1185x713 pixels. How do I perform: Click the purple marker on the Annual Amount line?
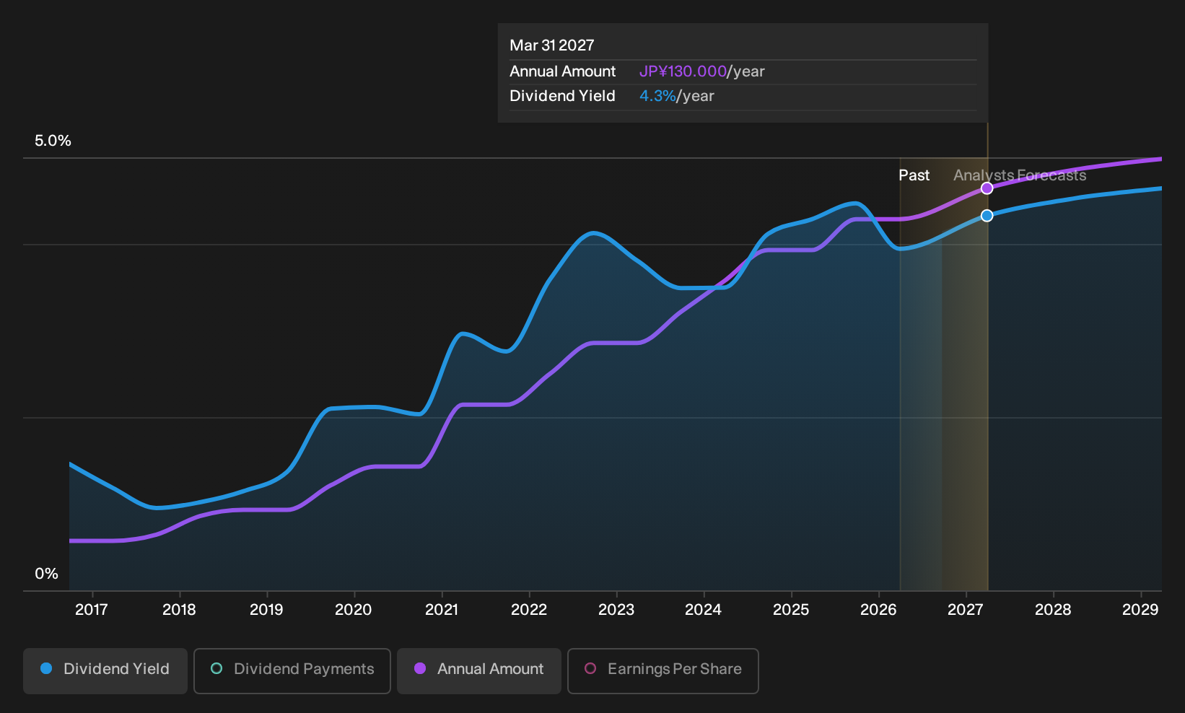pyautogui.click(x=987, y=188)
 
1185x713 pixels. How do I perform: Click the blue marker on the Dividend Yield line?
pyautogui.click(x=987, y=215)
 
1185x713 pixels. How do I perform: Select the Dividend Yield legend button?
pyautogui.click(x=105, y=670)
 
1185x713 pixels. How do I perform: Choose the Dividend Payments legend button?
pyautogui.click(x=292, y=670)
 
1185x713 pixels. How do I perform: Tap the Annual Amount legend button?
pyautogui.click(x=478, y=670)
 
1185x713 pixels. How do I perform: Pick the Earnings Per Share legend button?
pyautogui.click(x=663, y=670)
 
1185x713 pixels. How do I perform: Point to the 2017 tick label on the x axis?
pyautogui.click(x=92, y=610)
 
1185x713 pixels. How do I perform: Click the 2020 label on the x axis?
pyautogui.click(x=354, y=610)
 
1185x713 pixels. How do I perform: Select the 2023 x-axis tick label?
pyautogui.click(x=616, y=610)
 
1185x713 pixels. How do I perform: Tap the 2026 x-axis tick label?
pyautogui.click(x=878, y=610)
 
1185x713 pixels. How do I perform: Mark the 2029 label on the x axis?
pyautogui.click(x=1140, y=610)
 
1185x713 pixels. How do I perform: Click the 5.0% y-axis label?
pyautogui.click(x=53, y=141)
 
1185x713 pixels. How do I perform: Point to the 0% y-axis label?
pyautogui.click(x=47, y=574)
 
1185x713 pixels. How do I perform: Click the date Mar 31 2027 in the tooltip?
pyautogui.click(x=552, y=45)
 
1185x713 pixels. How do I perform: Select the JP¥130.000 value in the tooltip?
pyautogui.click(x=683, y=71)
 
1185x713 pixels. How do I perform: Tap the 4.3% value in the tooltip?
pyautogui.click(x=657, y=96)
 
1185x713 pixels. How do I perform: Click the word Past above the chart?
pyautogui.click(x=914, y=175)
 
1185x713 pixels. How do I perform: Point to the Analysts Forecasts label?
pyautogui.click(x=1020, y=175)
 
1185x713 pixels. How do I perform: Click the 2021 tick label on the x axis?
pyautogui.click(x=441, y=610)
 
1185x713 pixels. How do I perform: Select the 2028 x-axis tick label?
pyautogui.click(x=1053, y=610)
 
